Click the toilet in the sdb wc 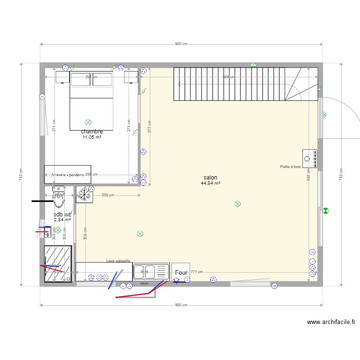(x=58, y=196)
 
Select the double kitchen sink (x=151, y=271)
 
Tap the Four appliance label (x=181, y=273)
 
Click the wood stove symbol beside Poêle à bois (x=310, y=158)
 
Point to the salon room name (x=210, y=178)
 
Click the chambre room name (x=91, y=132)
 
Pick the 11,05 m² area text (x=91, y=137)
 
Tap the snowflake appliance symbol (x=84, y=194)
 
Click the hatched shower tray (x=58, y=264)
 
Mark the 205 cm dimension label (x=108, y=195)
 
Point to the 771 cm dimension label (x=197, y=272)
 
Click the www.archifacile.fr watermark (x=331, y=323)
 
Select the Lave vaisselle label (x=118, y=261)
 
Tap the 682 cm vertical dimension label (x=309, y=176)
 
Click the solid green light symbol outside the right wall (x=325, y=210)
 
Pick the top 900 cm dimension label (x=181, y=44)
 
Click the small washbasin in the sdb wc (x=47, y=233)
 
